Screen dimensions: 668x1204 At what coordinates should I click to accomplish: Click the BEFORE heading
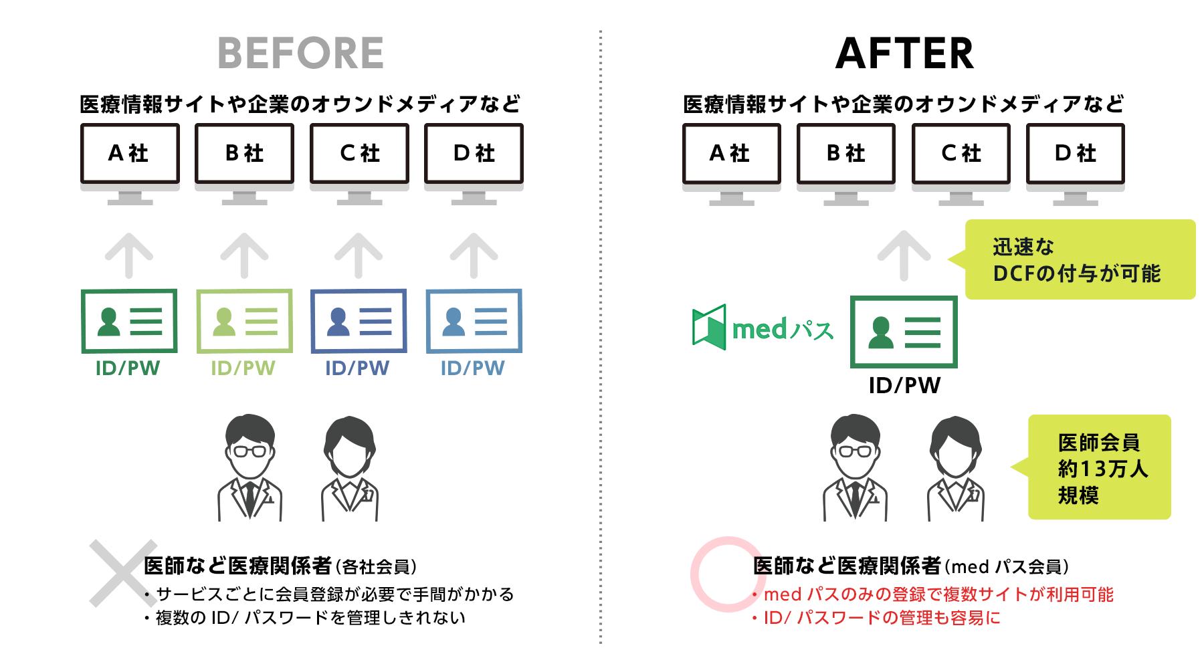[300, 53]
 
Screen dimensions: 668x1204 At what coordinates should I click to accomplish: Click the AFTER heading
[904, 53]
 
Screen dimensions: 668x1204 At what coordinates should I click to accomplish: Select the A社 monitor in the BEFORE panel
[130, 154]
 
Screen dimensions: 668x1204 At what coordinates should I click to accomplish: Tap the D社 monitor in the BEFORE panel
[474, 154]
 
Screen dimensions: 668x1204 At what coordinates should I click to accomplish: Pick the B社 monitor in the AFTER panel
[846, 154]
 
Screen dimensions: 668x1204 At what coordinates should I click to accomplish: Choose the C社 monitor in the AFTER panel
[961, 154]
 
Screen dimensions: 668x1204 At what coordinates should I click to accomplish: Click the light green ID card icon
[244, 321]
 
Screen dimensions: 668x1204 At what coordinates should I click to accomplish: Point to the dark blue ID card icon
[359, 321]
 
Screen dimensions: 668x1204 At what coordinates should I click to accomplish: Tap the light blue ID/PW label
[473, 368]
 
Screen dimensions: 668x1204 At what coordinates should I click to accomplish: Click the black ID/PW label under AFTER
[904, 386]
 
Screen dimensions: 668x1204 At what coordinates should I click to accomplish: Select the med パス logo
[763, 328]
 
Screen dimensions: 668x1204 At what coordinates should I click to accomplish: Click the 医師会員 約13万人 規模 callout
[1100, 467]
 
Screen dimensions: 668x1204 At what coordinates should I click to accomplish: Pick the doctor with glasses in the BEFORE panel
[250, 468]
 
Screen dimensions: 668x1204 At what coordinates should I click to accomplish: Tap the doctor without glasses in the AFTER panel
[956, 468]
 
